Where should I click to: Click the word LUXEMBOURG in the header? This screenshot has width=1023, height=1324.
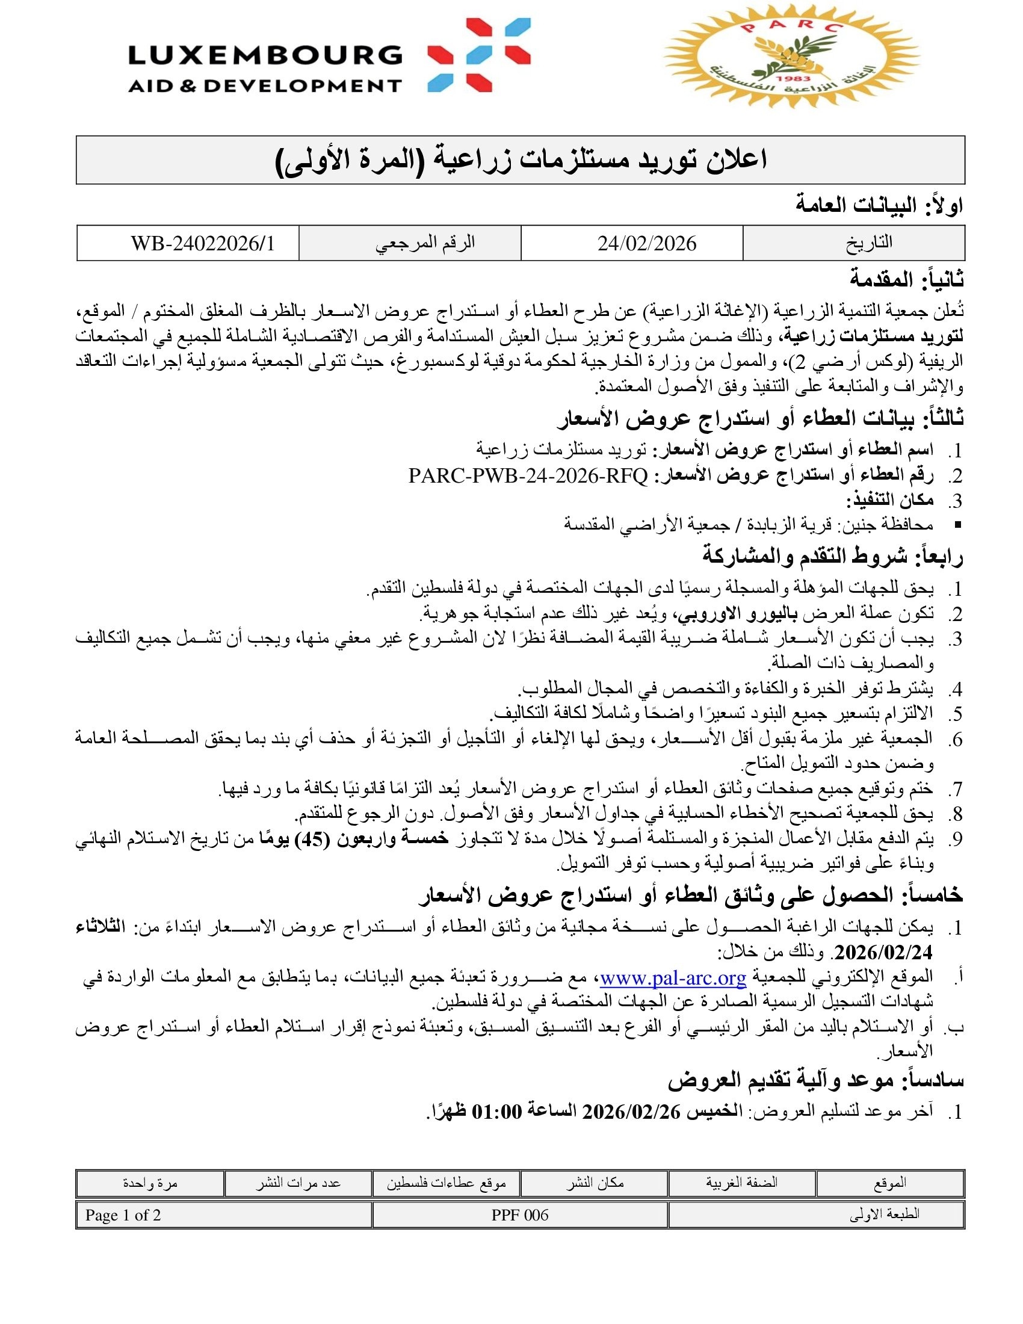coord(265,56)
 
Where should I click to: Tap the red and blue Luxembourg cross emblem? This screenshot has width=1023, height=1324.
coord(479,55)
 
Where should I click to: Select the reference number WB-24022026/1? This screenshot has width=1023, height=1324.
coord(202,244)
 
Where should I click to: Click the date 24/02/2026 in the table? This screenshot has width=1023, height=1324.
coord(647,244)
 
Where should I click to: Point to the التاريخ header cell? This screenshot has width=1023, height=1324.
coord(868,243)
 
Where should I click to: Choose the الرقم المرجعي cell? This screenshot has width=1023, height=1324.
coord(425,243)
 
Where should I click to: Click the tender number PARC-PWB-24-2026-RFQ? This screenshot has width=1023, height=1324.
coord(528,476)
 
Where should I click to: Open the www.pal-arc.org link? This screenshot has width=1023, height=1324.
coord(673,978)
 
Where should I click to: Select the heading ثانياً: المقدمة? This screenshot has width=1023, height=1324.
coord(906,280)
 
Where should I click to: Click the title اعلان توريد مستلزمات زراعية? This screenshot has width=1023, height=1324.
coord(521,160)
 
